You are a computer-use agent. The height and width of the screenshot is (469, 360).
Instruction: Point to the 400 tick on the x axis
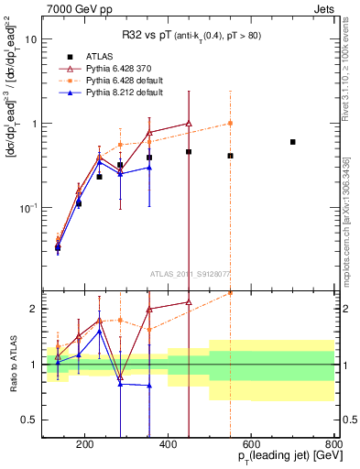(x=168, y=445)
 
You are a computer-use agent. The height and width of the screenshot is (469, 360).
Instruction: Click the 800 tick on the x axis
(x=334, y=445)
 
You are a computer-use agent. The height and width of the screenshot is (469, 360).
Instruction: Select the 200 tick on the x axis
(x=84, y=445)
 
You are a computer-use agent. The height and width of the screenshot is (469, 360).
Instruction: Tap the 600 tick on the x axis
(x=251, y=445)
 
